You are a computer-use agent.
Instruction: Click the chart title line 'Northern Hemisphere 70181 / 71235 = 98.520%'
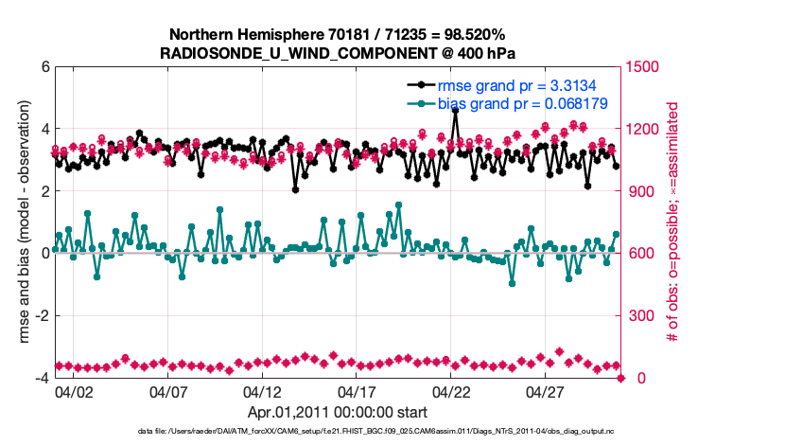pyautogui.click(x=339, y=34)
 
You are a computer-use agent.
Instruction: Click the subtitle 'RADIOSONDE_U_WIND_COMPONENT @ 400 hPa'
pyautogui.click(x=339, y=53)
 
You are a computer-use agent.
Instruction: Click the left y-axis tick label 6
pyautogui.click(x=44, y=67)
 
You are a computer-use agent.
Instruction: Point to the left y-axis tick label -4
pyautogui.click(x=42, y=378)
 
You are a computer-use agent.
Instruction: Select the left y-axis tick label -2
pyautogui.click(x=42, y=316)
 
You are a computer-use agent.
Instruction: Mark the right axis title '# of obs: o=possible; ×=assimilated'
pyautogui.click(x=673, y=222)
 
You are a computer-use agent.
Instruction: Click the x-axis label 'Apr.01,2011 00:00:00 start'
pyautogui.click(x=338, y=413)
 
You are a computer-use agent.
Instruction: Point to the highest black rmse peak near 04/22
pyautogui.click(x=456, y=111)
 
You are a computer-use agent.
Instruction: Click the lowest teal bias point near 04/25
pyautogui.click(x=512, y=283)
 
